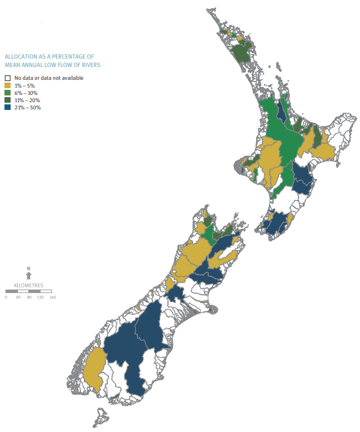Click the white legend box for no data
7,78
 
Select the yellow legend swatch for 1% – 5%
7,85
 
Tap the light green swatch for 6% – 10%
7,93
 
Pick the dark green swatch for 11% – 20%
7,100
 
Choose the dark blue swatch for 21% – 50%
7,107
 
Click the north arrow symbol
29,276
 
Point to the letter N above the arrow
29,269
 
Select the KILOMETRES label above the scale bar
29,285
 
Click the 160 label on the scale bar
52,297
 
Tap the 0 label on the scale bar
6,297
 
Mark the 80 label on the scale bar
29,297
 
